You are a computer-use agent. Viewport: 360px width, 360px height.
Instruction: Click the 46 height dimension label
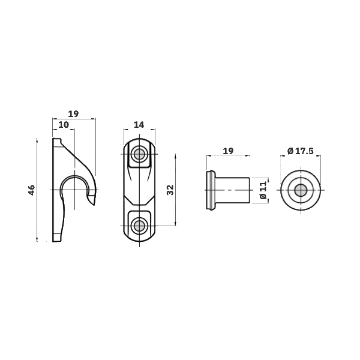pyautogui.click(x=32, y=190)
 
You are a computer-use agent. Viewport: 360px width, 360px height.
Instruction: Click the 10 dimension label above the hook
pyautogui.click(x=64, y=125)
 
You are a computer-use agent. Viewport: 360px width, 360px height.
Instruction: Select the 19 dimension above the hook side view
pyautogui.click(x=73, y=113)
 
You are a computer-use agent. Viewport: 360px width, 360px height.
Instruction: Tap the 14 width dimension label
pyautogui.click(x=139, y=125)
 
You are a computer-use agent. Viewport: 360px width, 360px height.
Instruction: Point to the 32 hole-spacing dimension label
pyautogui.click(x=170, y=190)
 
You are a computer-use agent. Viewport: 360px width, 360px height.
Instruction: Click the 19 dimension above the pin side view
pyautogui.click(x=228, y=151)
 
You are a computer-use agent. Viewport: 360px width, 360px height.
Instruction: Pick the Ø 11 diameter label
pyautogui.click(x=263, y=190)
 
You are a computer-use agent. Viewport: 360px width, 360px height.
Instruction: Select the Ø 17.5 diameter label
pyautogui.click(x=301, y=151)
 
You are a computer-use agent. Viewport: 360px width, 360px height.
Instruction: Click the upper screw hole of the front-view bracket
pyautogui.click(x=139, y=154)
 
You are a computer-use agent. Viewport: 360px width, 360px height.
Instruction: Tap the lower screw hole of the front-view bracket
pyautogui.click(x=139, y=226)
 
